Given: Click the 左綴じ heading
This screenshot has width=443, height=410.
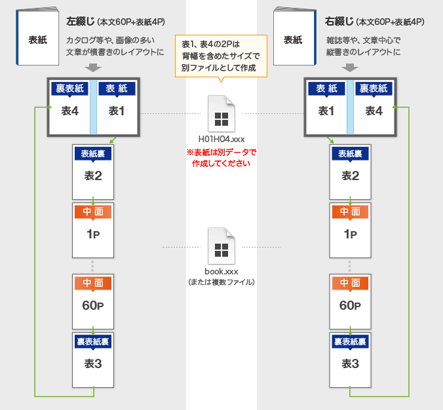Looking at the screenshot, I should [x=81, y=22].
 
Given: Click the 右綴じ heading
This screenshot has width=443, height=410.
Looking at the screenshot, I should [x=338, y=22].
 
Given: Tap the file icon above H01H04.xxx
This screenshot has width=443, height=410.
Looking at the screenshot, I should [x=221, y=114].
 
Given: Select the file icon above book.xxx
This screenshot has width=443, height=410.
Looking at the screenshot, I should [x=221, y=246].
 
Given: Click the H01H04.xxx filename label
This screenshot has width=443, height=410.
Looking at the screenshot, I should [x=221, y=140].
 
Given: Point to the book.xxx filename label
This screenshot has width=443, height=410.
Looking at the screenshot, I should [x=221, y=270].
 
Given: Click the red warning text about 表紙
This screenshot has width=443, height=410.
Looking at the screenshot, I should [x=221, y=158].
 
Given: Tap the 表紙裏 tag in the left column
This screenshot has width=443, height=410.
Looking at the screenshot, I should [x=93, y=154].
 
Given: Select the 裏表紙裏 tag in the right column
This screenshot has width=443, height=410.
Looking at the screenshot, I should [x=351, y=342].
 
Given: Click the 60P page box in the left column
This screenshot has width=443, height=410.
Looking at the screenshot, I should [x=93, y=299].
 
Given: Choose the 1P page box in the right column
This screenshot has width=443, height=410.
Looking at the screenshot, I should [x=351, y=227].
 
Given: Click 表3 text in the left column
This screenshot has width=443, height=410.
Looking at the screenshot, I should [x=93, y=363].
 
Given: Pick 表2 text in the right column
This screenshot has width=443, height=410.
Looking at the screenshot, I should [x=351, y=176].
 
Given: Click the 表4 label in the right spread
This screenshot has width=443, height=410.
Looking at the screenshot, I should [x=374, y=111].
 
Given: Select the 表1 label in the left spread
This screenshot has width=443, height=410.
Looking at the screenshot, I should [x=117, y=111].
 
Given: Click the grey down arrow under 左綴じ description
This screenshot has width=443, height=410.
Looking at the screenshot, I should [x=93, y=67].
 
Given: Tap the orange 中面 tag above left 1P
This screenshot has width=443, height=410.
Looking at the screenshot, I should [x=93, y=212].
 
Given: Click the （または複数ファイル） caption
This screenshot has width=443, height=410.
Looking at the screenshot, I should [x=221, y=282].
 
